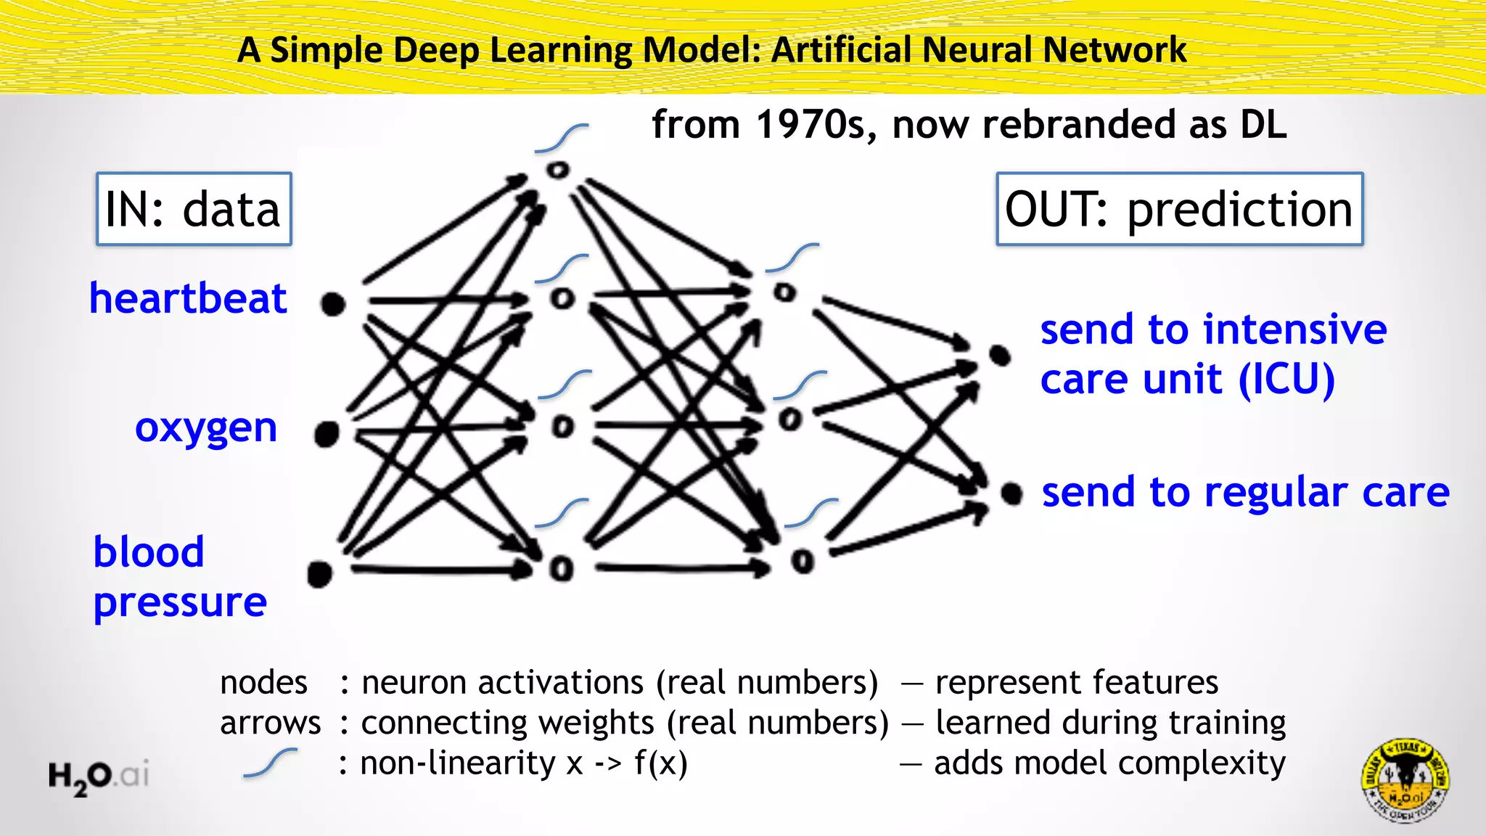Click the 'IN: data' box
194,209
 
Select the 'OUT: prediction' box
1179,209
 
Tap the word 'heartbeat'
188,298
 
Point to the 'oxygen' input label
206,427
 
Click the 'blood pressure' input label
180,577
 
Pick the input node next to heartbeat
333,304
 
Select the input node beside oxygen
327,434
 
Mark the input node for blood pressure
320,573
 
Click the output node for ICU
1000,356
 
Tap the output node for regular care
1011,494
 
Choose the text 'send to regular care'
1245,493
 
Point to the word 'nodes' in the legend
263,683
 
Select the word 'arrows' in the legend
270,723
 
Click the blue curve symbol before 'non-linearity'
271,763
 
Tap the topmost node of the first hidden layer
558,171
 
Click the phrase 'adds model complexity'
1109,763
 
